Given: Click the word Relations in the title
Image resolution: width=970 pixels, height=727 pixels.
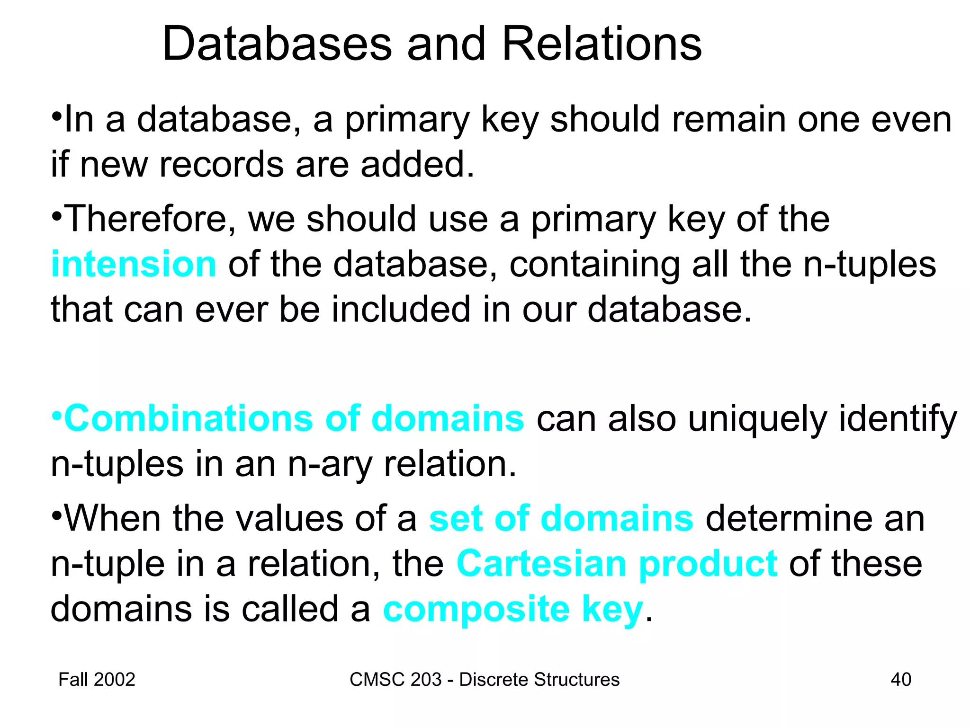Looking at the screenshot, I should (602, 44).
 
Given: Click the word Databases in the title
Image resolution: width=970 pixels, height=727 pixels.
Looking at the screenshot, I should (277, 44).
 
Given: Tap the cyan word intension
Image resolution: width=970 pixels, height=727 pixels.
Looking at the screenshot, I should (134, 264).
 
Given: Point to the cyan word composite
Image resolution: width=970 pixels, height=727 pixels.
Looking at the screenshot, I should (476, 609).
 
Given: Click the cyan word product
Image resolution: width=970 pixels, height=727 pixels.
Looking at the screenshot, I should (708, 564).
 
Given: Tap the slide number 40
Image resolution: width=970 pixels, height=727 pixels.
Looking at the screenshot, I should (900, 680).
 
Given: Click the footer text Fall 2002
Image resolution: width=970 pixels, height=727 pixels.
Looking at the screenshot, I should (97, 680).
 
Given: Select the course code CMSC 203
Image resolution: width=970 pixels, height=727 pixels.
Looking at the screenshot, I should (395, 680).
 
